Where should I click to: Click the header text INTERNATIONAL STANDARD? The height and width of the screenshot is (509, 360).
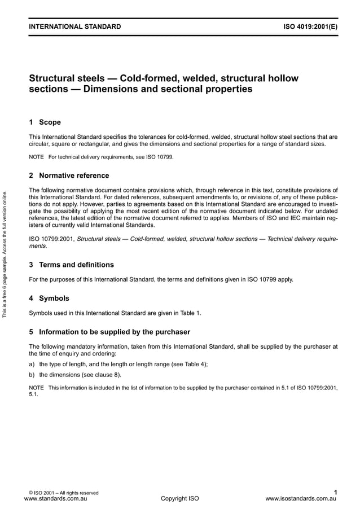click(x=74, y=27)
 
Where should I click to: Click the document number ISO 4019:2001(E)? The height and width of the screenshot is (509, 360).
click(x=310, y=27)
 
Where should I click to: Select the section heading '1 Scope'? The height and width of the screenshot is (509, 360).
click(x=45, y=122)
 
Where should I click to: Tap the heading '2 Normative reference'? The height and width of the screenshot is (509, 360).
click(x=69, y=175)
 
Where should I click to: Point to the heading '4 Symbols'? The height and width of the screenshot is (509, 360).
click(x=49, y=298)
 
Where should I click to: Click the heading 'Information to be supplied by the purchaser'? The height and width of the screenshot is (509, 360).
click(x=115, y=331)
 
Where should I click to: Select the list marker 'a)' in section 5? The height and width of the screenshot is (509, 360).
click(x=32, y=364)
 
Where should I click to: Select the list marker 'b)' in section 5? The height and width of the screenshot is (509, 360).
click(x=32, y=374)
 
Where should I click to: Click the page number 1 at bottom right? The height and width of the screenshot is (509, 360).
click(x=335, y=492)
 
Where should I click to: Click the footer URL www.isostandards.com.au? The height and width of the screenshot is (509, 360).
click(x=300, y=499)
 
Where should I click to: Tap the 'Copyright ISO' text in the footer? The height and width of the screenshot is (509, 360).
click(x=180, y=499)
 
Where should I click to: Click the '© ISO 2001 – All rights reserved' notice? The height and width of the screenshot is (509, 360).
click(x=63, y=493)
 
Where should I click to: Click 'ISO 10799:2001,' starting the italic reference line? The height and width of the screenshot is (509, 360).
click(x=51, y=239)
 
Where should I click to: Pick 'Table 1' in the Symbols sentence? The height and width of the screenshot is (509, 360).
click(x=190, y=312)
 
